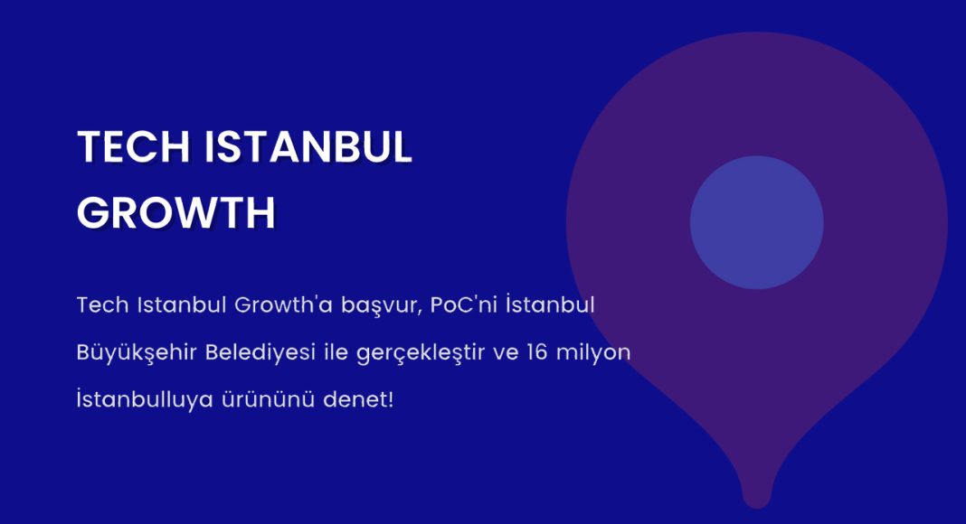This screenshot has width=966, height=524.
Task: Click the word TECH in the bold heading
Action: pyautogui.click(x=133, y=147)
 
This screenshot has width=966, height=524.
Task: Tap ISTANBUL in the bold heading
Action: pyautogui.click(x=308, y=147)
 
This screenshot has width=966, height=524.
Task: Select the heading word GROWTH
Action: pyautogui.click(x=176, y=213)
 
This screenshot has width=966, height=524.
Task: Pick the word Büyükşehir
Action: pyautogui.click(x=137, y=353)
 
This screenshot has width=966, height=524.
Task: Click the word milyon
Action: pyautogui.click(x=593, y=353)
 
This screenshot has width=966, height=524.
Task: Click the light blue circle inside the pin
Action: pyautogui.click(x=756, y=222)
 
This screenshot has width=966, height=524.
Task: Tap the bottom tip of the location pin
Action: pyautogui.click(x=757, y=508)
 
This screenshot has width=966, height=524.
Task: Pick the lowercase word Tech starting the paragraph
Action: pyautogui.click(x=103, y=304)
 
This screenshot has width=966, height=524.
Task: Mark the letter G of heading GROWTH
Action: pyautogui.click(x=93, y=213)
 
